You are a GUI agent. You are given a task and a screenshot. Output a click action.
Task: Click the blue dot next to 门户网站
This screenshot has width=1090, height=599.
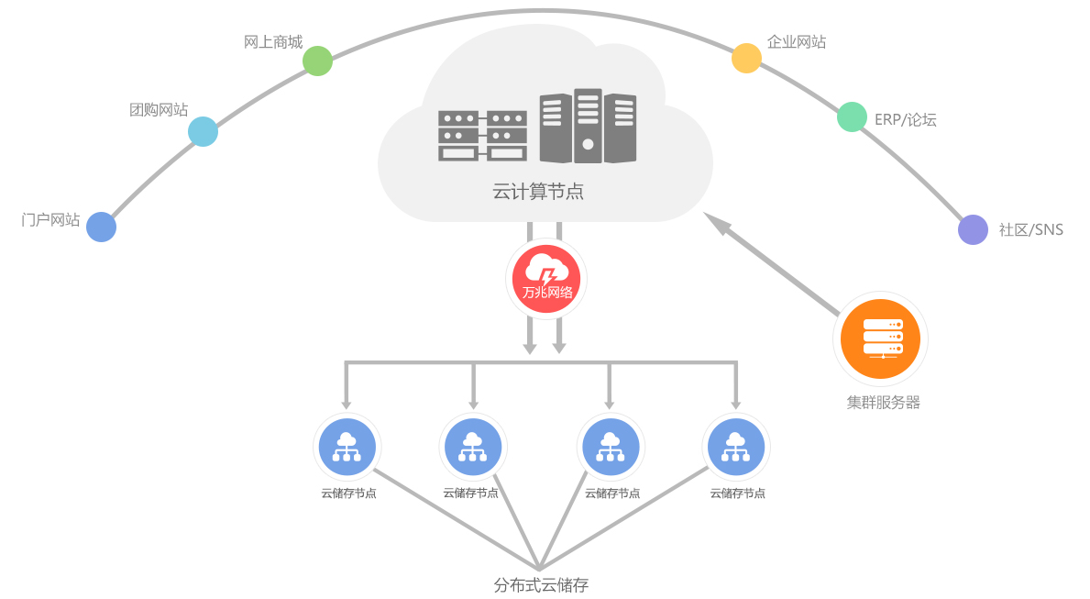(x=102, y=227)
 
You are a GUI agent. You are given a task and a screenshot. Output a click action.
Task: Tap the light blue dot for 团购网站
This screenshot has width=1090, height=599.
(x=203, y=131)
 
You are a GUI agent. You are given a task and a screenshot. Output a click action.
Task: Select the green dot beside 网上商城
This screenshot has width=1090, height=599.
(x=317, y=61)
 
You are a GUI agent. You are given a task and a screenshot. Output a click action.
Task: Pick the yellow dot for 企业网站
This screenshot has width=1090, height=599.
(x=746, y=58)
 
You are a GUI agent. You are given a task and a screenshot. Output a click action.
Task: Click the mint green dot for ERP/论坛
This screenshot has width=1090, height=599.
(x=852, y=116)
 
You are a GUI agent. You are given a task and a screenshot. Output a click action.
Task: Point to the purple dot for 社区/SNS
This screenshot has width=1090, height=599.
(x=973, y=229)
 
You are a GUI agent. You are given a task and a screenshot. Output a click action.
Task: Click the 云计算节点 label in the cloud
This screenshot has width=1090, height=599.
(x=538, y=192)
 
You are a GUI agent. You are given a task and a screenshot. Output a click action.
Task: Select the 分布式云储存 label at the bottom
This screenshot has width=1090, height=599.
(x=541, y=584)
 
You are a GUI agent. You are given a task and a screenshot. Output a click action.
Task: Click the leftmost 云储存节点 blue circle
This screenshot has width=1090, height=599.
(x=347, y=448)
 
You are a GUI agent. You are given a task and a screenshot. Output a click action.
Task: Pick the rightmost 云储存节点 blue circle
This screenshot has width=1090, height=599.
(x=736, y=448)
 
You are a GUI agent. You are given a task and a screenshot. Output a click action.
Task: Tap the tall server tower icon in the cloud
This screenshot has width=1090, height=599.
(x=588, y=127)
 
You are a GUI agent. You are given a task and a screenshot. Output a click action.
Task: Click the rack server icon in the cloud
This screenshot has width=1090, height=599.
(x=482, y=136)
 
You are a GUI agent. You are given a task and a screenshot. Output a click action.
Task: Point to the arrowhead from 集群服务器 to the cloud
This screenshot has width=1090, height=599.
(x=716, y=223)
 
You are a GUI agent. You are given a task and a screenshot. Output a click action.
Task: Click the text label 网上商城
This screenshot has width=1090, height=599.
(x=273, y=42)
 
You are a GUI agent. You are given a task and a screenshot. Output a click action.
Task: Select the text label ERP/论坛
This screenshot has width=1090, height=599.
(x=905, y=119)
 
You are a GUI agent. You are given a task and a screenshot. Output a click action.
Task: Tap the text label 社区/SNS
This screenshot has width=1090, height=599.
(x=1030, y=229)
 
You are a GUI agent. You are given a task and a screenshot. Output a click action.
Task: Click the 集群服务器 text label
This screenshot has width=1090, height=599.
(x=883, y=402)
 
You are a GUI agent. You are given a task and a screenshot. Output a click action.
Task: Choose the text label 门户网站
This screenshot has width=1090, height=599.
(x=50, y=220)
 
